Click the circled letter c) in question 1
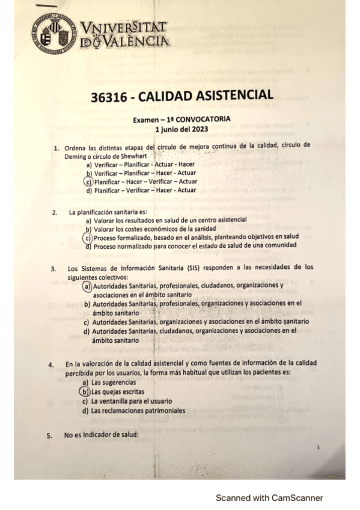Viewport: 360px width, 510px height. [88, 181]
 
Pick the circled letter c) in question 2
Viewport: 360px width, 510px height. [88, 238]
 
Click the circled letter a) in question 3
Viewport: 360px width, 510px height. [88, 286]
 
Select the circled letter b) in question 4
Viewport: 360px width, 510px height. [85, 391]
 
